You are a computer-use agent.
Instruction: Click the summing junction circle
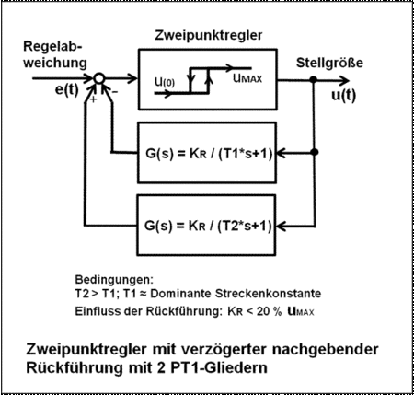click(99, 78)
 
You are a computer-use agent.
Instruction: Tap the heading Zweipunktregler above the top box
click(209, 35)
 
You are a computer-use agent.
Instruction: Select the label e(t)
click(67, 90)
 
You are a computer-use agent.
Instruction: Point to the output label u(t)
click(344, 95)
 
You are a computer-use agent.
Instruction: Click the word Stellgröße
click(329, 63)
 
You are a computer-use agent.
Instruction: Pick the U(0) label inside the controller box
click(165, 82)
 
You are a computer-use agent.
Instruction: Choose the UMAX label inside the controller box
click(247, 78)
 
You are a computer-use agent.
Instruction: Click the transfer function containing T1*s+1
click(209, 154)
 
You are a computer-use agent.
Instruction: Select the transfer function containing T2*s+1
click(208, 226)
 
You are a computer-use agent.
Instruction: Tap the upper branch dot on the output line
click(313, 80)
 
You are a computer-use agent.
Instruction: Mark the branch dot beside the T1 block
click(314, 152)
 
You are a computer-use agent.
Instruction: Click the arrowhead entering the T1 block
click(282, 153)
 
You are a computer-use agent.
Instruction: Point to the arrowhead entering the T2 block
click(281, 227)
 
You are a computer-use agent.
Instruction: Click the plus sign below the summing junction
click(93, 99)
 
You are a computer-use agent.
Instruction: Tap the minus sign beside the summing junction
click(115, 91)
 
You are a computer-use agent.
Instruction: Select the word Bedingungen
click(114, 280)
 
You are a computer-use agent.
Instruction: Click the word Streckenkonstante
click(268, 294)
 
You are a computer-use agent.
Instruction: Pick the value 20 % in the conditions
click(269, 311)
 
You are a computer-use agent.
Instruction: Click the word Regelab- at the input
click(52, 47)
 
